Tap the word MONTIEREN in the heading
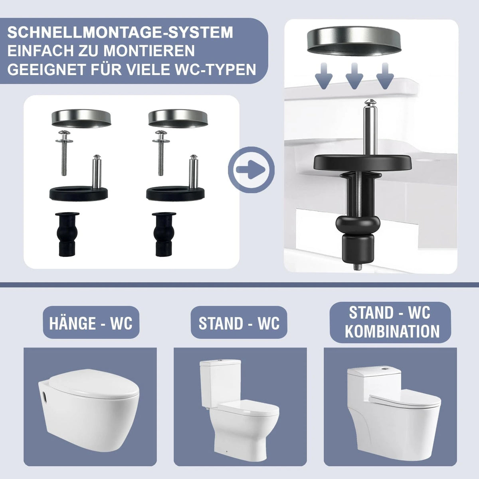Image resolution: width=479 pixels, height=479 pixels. click(x=149, y=51)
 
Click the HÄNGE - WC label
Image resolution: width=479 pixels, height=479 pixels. click(x=91, y=323)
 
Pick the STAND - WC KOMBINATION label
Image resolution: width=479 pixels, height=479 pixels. click(x=390, y=322)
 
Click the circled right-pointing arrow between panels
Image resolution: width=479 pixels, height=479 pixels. click(x=251, y=170)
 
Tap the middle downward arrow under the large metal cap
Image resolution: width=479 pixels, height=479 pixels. click(x=354, y=76)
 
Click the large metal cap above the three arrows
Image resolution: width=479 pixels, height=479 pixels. click(x=354, y=41)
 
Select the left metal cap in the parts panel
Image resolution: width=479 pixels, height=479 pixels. click(x=81, y=118)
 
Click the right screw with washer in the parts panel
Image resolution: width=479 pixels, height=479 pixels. click(x=161, y=152)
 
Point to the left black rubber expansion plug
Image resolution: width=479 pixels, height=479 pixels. click(x=67, y=234)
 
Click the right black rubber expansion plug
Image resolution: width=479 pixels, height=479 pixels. click(x=164, y=234)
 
